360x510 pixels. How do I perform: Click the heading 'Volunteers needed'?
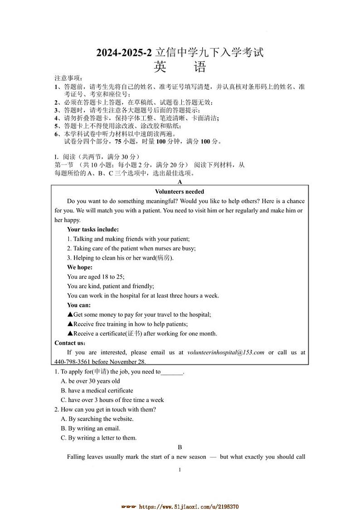[180, 191]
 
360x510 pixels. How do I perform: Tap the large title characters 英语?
[180, 67]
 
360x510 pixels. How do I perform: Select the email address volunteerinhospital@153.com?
[225, 352]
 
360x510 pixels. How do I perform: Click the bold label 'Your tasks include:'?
[93, 229]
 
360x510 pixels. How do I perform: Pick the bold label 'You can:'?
[79, 305]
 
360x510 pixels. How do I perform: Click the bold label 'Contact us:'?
[70, 343]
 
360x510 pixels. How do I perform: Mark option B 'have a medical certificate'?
[100, 390]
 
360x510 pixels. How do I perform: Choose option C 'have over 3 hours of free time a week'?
[116, 400]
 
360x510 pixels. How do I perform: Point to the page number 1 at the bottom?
[180, 470]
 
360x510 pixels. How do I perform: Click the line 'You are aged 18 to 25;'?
[96, 277]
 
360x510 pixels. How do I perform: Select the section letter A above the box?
[180, 182]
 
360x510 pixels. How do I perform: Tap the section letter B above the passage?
[180, 447]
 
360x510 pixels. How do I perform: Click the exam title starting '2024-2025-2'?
[180, 53]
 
